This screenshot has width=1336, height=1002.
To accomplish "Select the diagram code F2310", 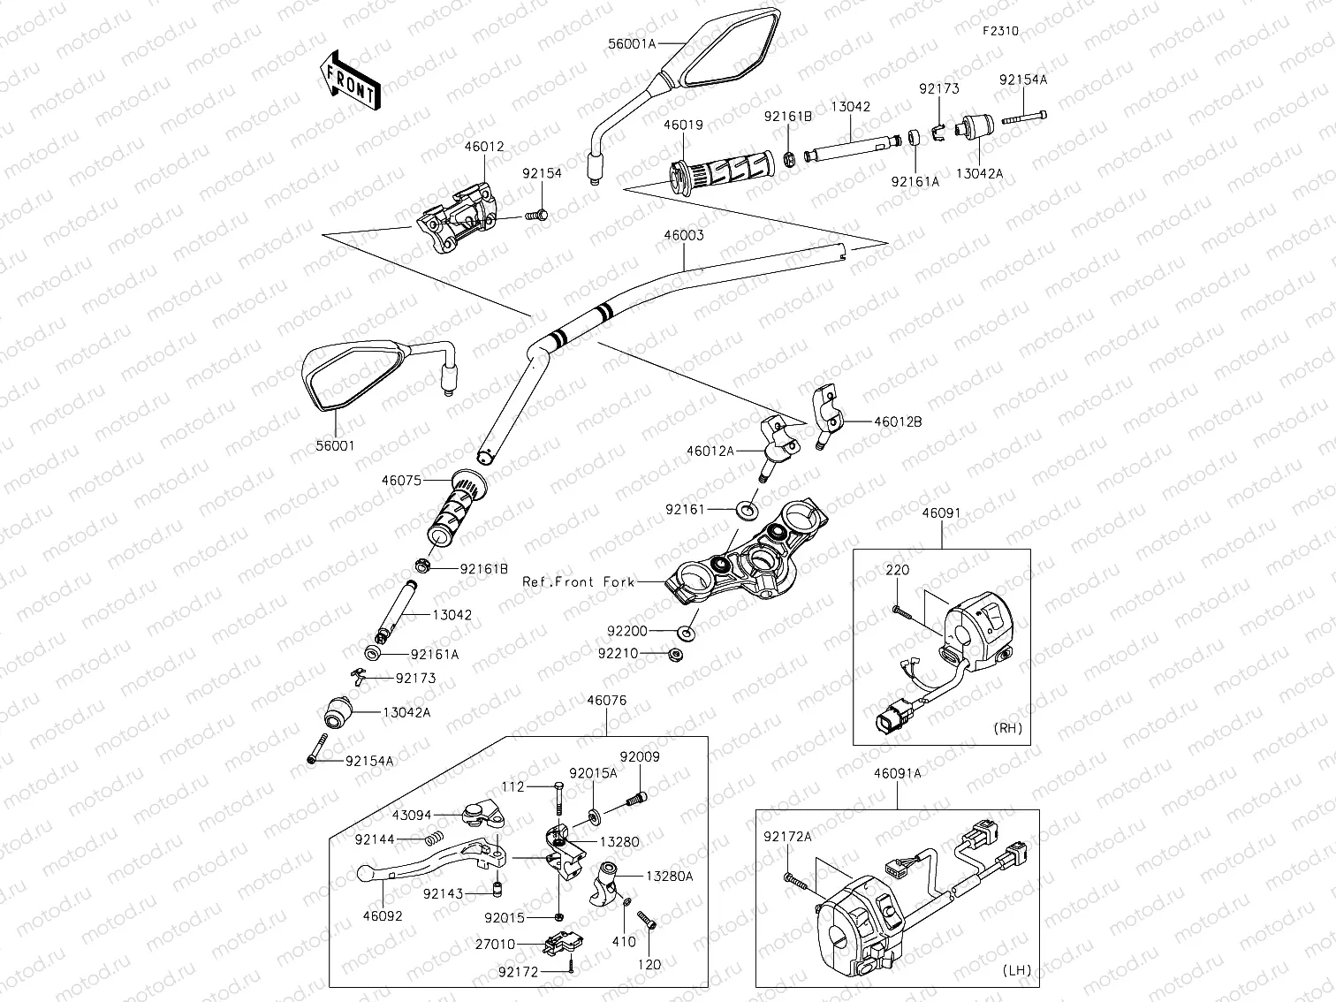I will pyautogui.click(x=1001, y=31).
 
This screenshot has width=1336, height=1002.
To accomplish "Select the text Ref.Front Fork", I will pyautogui.click(x=579, y=582).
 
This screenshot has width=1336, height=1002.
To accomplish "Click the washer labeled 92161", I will pyautogui.click(x=745, y=509).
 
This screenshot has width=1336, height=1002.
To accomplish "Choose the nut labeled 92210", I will pyautogui.click(x=674, y=655).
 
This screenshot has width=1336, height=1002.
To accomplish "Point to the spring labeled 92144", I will pyautogui.click(x=429, y=839).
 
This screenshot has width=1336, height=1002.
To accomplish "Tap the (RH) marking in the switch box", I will pyautogui.click(x=1008, y=728).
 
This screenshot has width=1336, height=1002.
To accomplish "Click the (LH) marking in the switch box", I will pyautogui.click(x=1017, y=970).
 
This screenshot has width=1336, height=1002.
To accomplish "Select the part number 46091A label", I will pyautogui.click(x=897, y=773).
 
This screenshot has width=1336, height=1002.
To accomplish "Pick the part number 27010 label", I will pyautogui.click(x=495, y=945).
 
